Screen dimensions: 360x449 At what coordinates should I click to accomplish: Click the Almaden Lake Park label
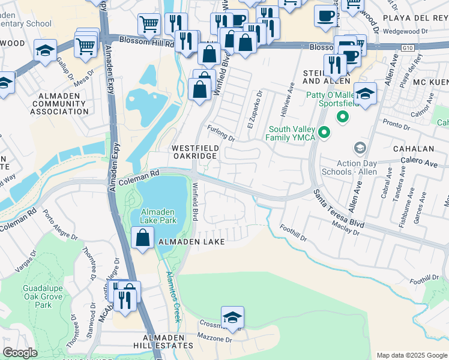tap(159, 216)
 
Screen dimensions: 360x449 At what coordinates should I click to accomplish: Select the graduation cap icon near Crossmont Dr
tap(232, 317)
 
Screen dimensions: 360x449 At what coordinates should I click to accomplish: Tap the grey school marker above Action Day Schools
tap(360, 148)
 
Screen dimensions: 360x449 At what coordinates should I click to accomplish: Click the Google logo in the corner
tap(20, 353)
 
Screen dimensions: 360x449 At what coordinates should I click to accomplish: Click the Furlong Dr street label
tap(221, 133)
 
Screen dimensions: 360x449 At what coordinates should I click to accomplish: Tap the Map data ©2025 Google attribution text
tap(412, 355)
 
